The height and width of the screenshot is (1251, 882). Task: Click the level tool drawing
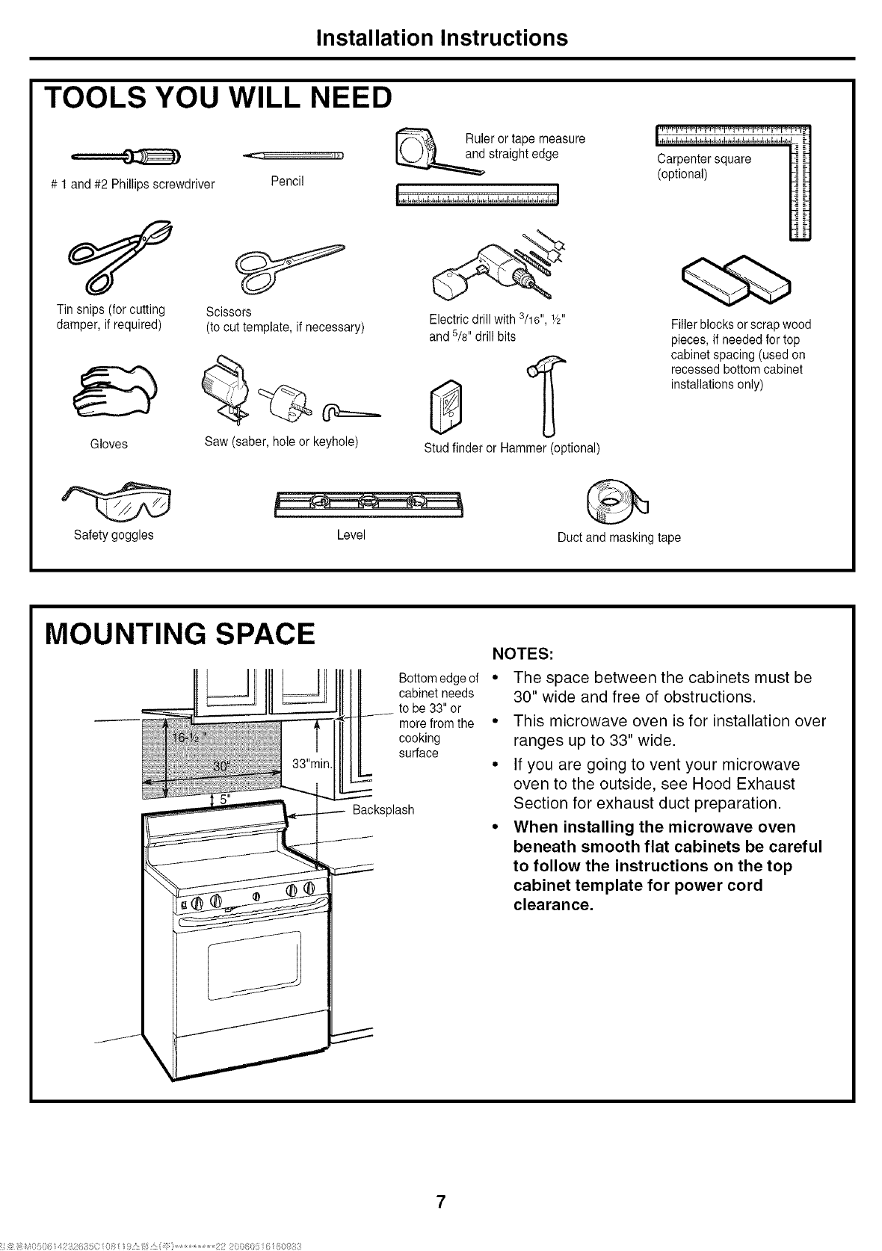[368, 504]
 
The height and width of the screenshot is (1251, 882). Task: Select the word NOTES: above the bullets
[522, 654]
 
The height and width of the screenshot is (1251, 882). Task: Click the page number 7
[441, 1202]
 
